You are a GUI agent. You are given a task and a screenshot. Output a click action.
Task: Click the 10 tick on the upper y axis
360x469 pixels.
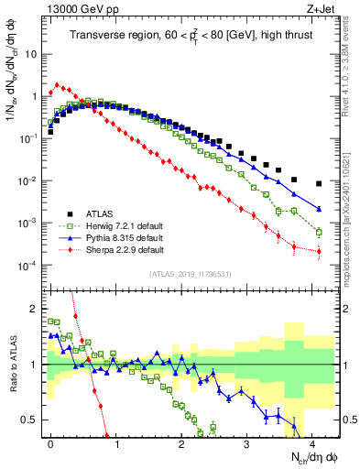tap(31, 53)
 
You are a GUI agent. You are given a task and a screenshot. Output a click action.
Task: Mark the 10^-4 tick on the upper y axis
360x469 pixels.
tap(27, 266)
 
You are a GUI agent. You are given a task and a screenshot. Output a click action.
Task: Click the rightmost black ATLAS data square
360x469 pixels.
tap(319, 183)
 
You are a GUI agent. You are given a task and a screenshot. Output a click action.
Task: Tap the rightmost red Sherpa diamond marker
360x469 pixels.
tap(319, 251)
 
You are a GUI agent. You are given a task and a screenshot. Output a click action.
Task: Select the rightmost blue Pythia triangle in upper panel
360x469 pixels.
tap(319, 209)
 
